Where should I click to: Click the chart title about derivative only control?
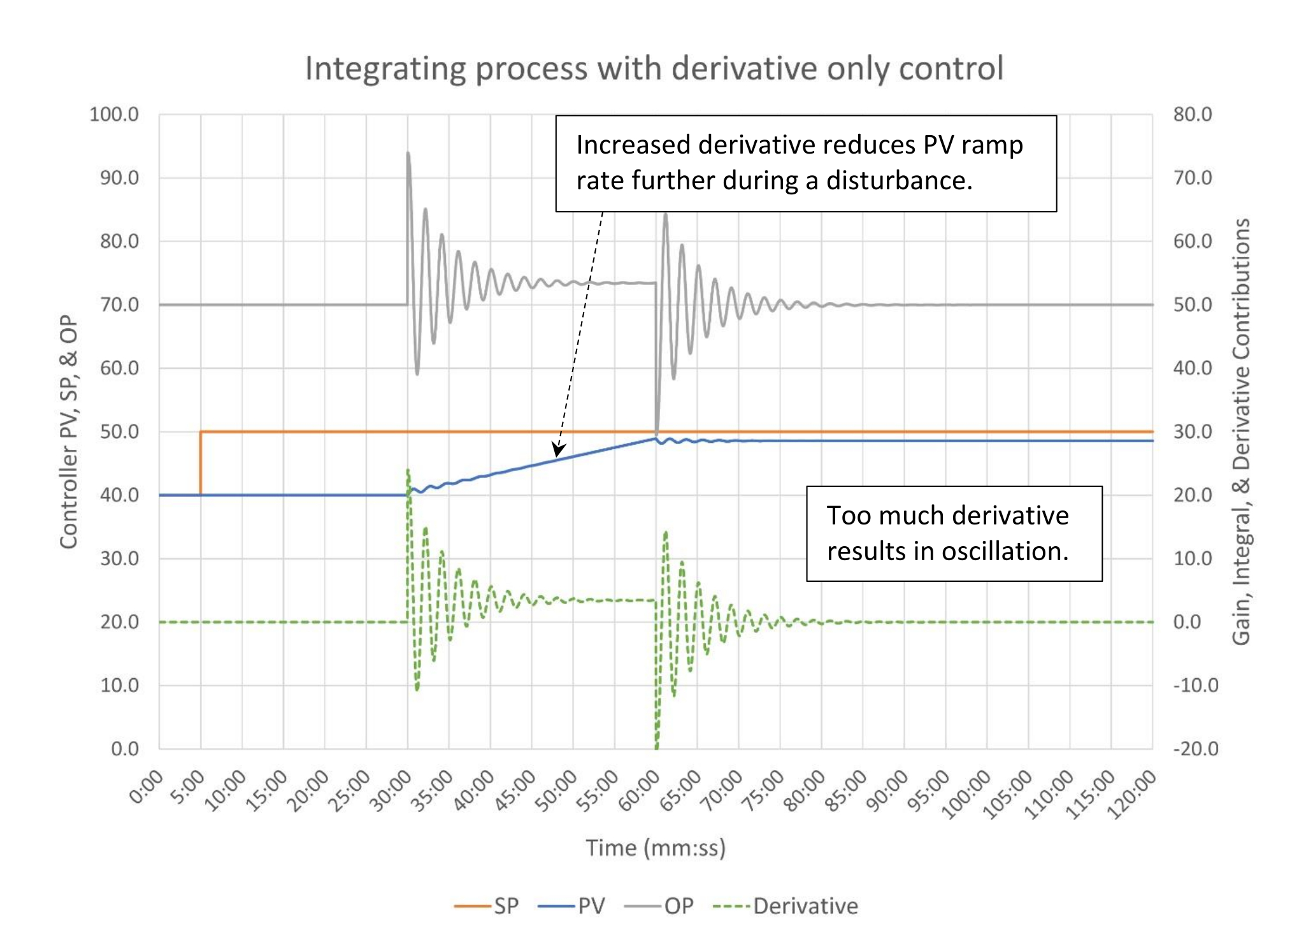pyautogui.click(x=654, y=68)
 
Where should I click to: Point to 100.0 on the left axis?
pyautogui.click(x=114, y=115)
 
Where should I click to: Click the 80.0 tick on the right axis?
pyautogui.click(x=1192, y=115)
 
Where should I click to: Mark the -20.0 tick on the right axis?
pyautogui.click(x=1195, y=748)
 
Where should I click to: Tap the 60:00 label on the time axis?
pyautogui.click(x=640, y=791)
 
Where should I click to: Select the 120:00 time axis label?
pyautogui.click(x=1132, y=794)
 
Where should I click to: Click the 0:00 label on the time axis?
pyautogui.click(x=147, y=788)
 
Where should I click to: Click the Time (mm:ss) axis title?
pyautogui.click(x=656, y=848)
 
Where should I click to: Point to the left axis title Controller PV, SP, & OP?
pyautogui.click(x=69, y=431)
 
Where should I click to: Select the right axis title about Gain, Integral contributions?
pyautogui.click(x=1241, y=431)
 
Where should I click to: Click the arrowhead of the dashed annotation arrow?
pyautogui.click(x=558, y=450)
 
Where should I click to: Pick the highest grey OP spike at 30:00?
pyautogui.click(x=408, y=154)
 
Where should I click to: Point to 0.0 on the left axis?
pyautogui.click(x=125, y=748)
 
